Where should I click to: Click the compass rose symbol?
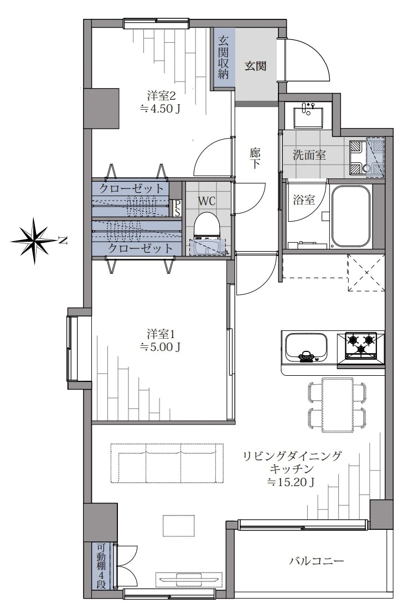(34, 241)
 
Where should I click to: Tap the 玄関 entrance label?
(255, 66)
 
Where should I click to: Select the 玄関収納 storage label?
(223, 58)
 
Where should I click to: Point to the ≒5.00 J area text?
(161, 346)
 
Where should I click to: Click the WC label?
(206, 201)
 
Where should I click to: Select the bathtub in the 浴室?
(350, 216)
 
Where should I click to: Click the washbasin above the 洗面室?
(308, 115)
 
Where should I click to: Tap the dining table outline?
(338, 405)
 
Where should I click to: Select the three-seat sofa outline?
(167, 463)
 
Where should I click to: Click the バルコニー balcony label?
(317, 561)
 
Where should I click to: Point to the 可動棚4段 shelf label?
(101, 566)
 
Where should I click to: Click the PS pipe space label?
(177, 208)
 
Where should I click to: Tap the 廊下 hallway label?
(255, 159)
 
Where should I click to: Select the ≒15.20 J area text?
(291, 482)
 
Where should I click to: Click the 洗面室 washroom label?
(309, 155)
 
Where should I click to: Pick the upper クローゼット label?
(132, 188)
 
